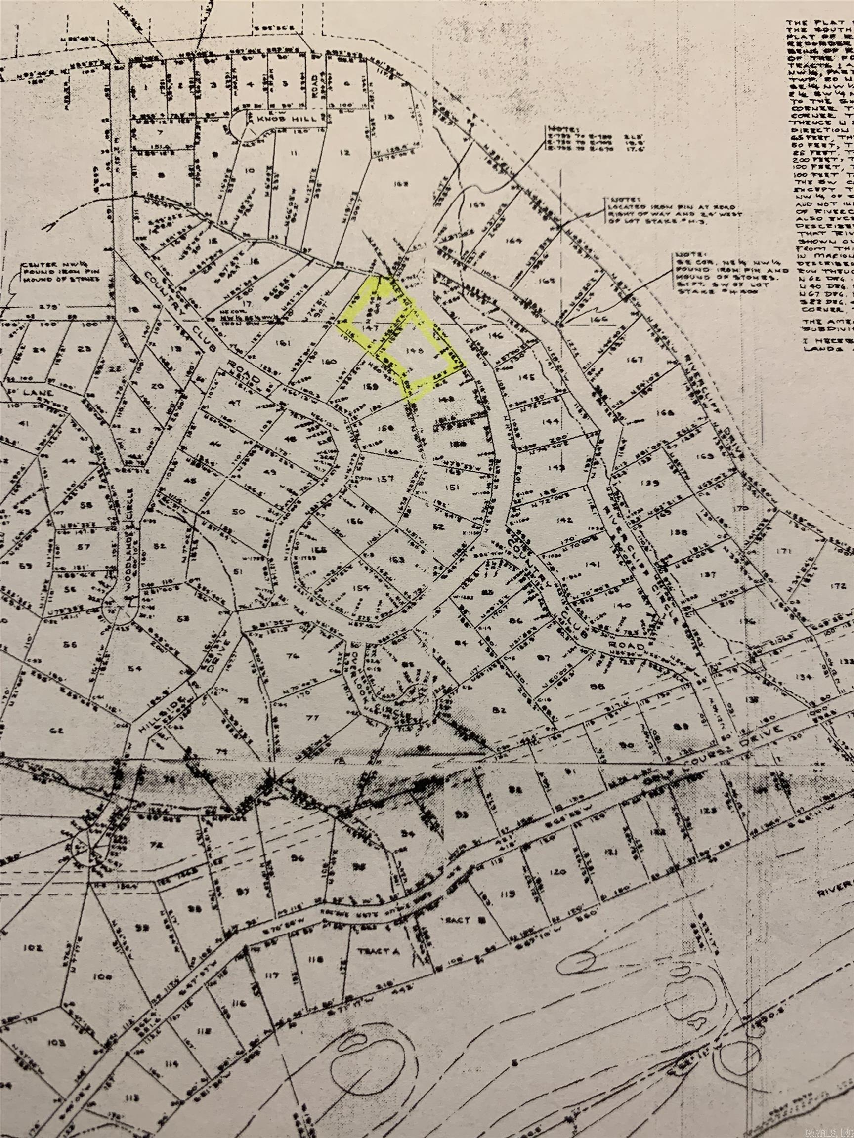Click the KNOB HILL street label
[271, 119]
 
